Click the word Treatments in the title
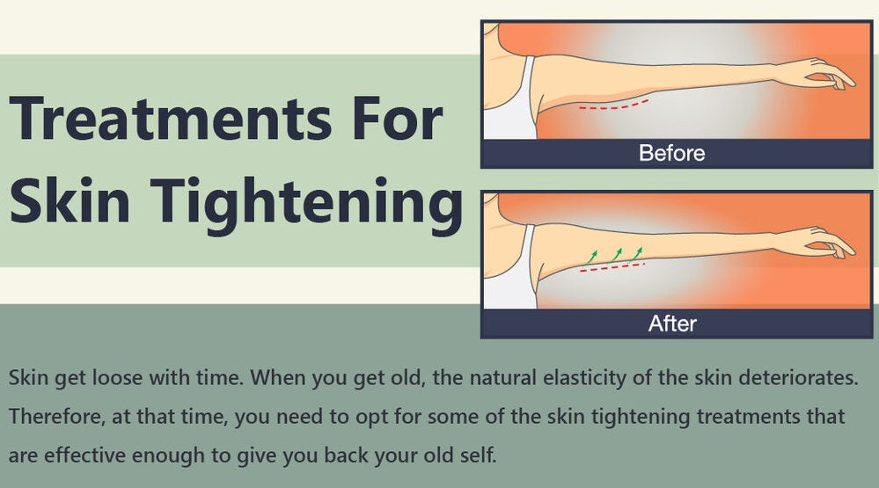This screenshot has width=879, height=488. [x=171, y=118]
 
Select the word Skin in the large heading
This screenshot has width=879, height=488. [x=70, y=200]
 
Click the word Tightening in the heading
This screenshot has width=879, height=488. [x=307, y=204]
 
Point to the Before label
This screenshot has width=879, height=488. [x=671, y=153]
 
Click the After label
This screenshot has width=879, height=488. [x=672, y=324]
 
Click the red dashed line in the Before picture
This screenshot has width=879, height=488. [x=613, y=106]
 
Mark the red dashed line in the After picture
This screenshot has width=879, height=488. [x=612, y=267]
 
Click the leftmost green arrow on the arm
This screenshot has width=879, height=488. [x=590, y=257]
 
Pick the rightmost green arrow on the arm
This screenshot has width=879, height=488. [x=636, y=254]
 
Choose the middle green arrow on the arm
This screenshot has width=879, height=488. [x=615, y=256]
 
